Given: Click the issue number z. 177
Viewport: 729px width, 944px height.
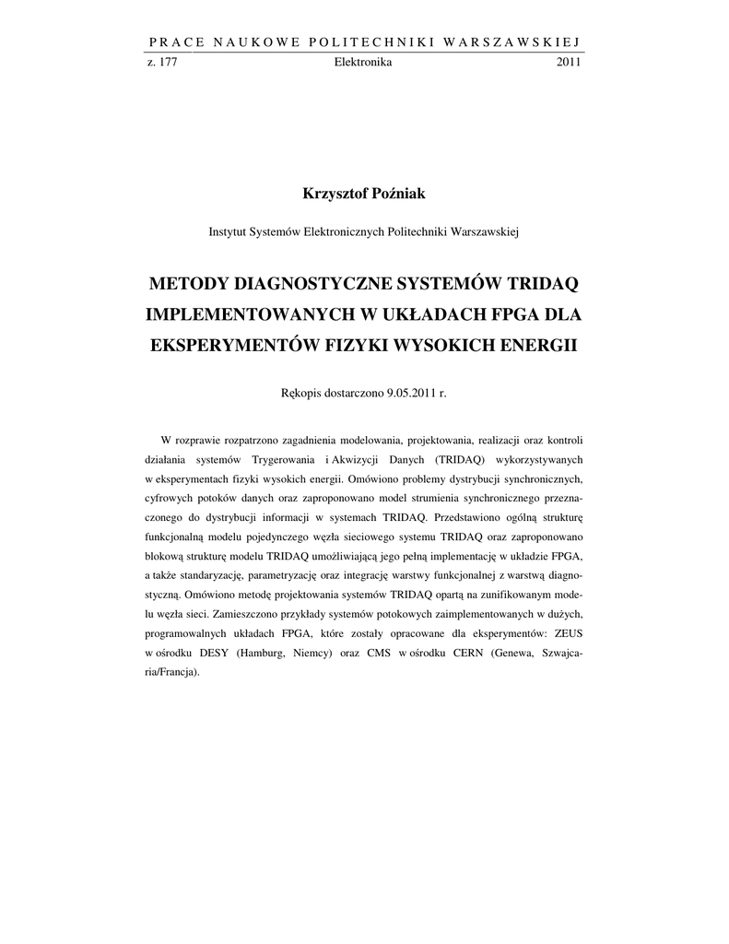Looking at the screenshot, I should click(162, 62).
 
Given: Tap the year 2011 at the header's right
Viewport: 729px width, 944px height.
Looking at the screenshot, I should click(569, 62).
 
